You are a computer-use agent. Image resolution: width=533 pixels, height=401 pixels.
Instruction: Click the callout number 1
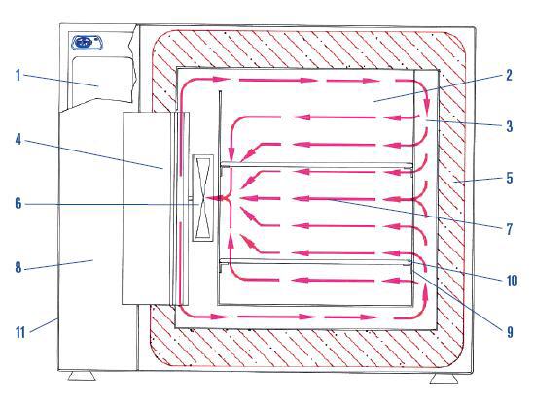(18, 75)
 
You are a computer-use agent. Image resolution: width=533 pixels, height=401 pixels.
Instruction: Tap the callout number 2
(509, 75)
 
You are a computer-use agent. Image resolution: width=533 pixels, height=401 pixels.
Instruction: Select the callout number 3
(510, 126)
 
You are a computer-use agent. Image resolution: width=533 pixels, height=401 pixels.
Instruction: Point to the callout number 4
(18, 140)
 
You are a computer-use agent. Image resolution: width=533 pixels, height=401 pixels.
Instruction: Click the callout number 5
(510, 178)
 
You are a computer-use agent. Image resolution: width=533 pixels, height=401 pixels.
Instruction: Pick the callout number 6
(18, 204)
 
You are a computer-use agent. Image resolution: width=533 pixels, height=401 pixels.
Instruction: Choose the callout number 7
(510, 229)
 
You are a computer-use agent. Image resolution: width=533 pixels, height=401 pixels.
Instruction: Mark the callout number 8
(18, 268)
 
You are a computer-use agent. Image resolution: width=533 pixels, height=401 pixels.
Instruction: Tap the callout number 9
(510, 332)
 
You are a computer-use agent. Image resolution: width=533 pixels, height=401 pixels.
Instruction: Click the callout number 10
(512, 281)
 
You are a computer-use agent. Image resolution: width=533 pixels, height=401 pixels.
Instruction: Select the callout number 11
(20, 332)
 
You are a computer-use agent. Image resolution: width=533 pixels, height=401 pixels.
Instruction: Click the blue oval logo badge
(87, 43)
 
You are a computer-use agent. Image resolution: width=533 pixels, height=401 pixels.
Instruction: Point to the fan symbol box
(203, 198)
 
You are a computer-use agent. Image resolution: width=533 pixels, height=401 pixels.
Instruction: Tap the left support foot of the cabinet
(82, 375)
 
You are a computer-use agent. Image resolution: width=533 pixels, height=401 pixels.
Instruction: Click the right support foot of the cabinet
(444, 378)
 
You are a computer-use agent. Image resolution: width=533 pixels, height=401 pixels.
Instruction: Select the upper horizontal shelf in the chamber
(317, 165)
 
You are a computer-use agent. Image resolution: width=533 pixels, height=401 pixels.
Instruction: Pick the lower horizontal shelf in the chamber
(317, 261)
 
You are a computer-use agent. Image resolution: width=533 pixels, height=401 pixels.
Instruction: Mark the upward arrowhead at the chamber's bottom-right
(425, 297)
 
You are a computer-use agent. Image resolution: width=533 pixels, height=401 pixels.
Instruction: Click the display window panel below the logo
(102, 79)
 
